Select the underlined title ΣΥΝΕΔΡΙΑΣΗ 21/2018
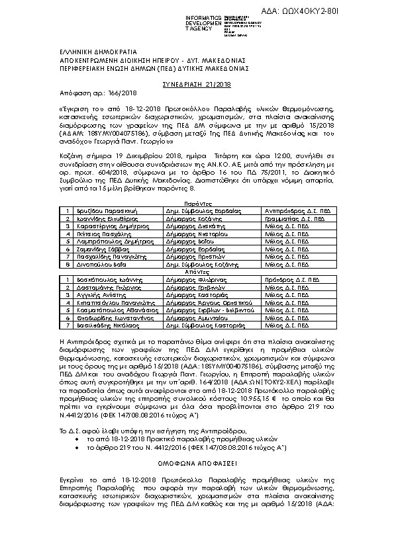(197, 85)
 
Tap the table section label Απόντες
(197, 271)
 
